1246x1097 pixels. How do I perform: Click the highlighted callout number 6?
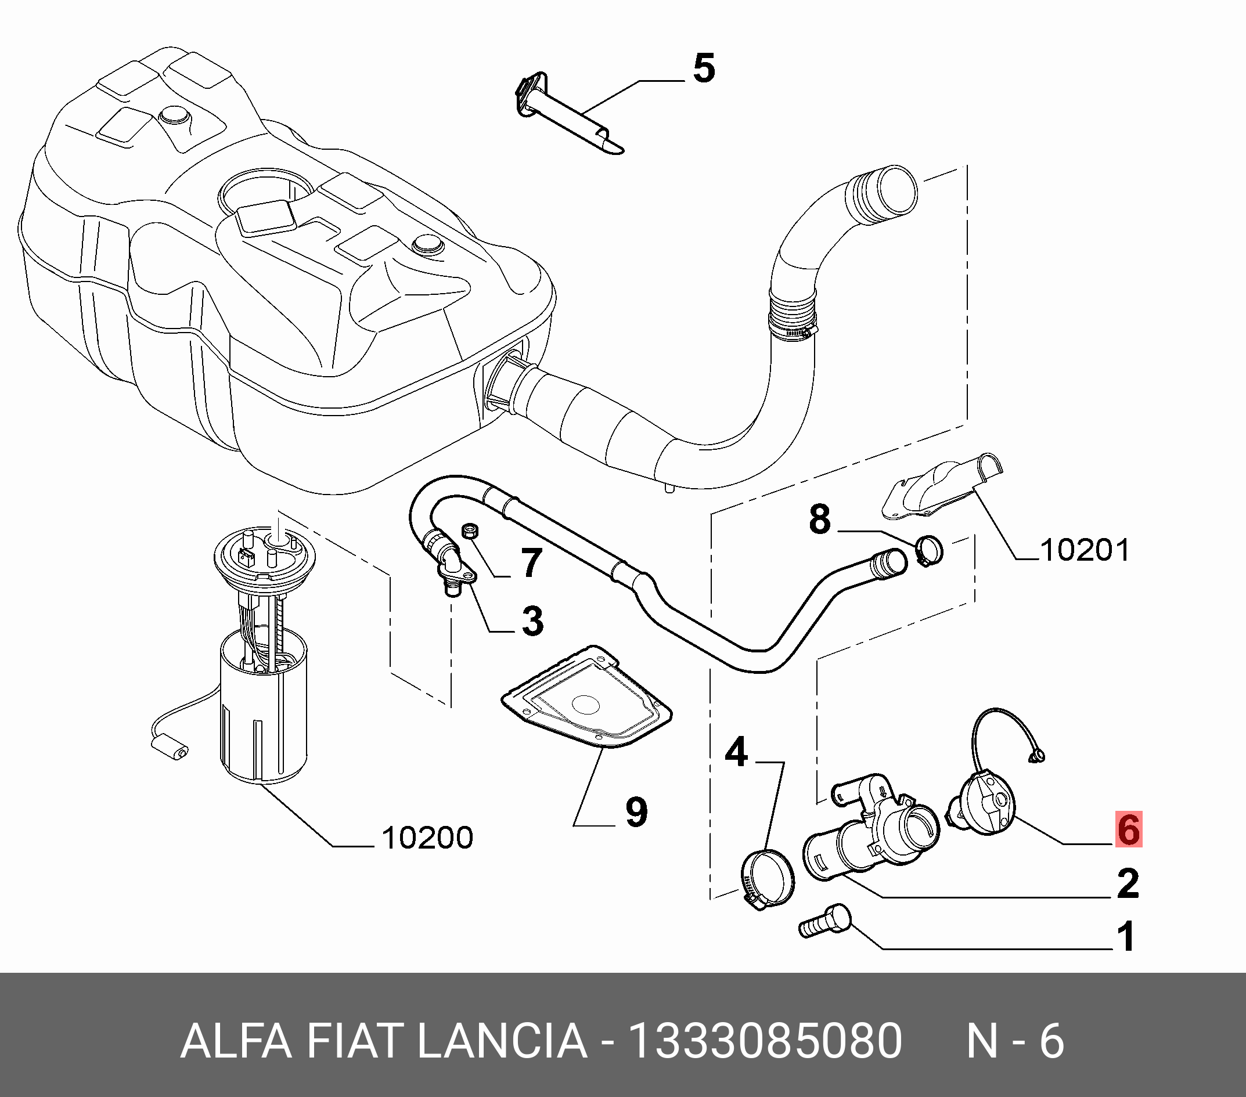[1128, 829]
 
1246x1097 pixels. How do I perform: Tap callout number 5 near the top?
[704, 69]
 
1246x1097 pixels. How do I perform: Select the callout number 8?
[820, 520]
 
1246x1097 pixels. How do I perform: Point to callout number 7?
[531, 563]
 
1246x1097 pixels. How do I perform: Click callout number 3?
[532, 620]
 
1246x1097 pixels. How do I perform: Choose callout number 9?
[636, 813]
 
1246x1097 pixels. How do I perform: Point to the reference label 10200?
[427, 838]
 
